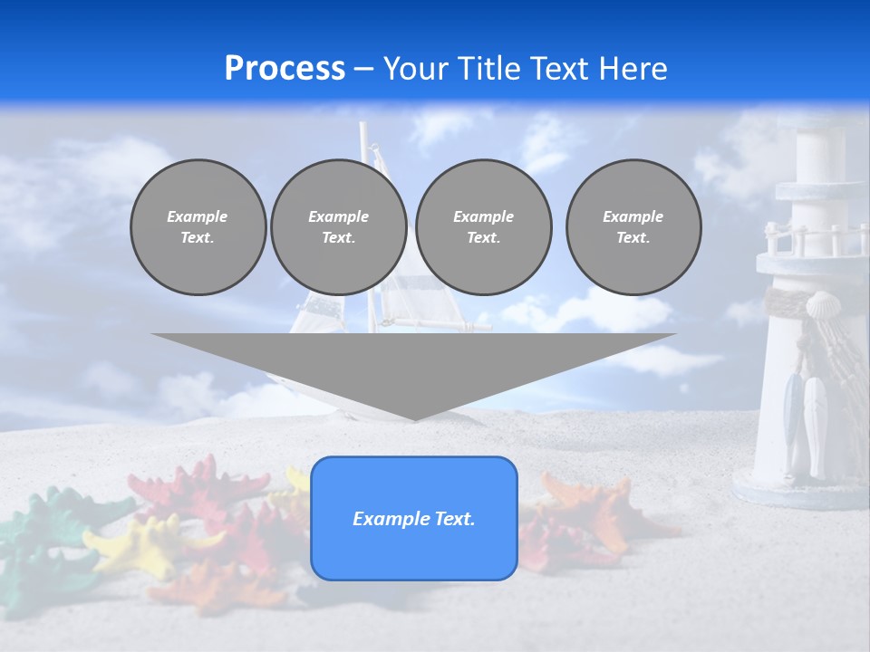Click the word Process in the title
tap(285, 69)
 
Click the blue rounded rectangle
tap(413, 552)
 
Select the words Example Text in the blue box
tap(413, 519)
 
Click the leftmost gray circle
tap(198, 227)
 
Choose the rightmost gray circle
tap(633, 227)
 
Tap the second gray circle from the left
tap(338, 227)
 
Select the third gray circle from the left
tap(483, 227)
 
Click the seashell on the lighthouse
tap(823, 305)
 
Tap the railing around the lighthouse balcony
tap(811, 238)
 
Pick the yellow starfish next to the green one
tap(136, 543)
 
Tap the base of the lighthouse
tap(797, 489)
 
